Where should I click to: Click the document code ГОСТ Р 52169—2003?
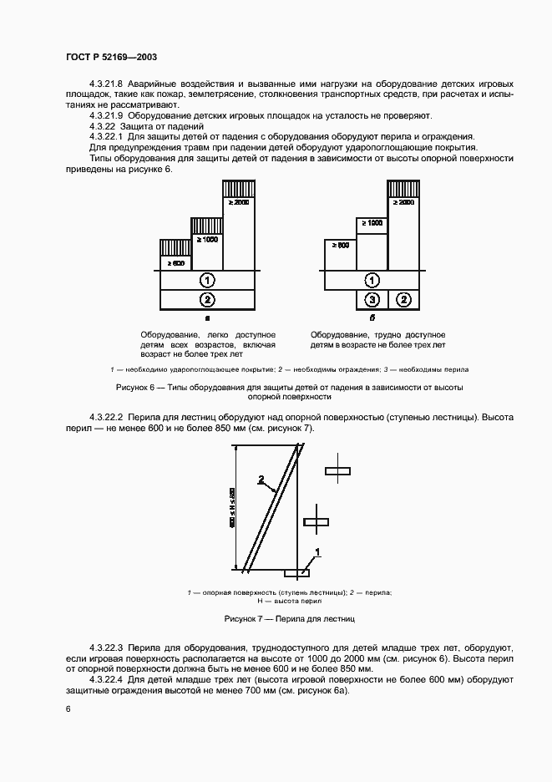click(111, 57)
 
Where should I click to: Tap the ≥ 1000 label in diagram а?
click(206, 240)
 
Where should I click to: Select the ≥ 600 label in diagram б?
click(340, 246)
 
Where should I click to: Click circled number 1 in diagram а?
click(207, 279)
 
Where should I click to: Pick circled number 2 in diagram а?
click(207, 298)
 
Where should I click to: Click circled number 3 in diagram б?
click(373, 298)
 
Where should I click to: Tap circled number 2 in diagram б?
click(403, 298)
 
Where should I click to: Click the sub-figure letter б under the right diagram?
click(372, 319)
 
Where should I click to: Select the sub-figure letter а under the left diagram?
click(207, 319)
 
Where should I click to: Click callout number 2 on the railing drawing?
click(261, 480)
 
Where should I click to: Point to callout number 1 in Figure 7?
click(318, 551)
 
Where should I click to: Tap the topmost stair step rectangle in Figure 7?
click(337, 471)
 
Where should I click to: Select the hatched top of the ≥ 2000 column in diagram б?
click(403, 188)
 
